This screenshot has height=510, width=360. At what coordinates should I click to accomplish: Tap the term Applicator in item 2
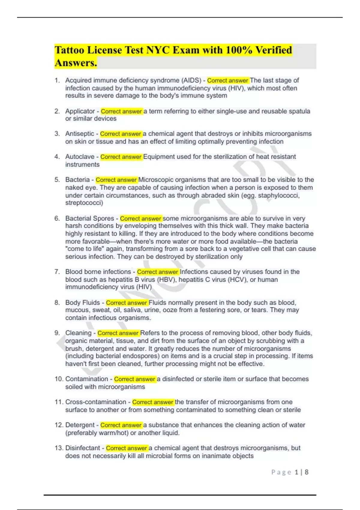coord(79,111)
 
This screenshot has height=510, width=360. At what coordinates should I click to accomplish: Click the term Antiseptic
coord(79,134)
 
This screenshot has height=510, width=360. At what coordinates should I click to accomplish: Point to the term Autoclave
coord(80,157)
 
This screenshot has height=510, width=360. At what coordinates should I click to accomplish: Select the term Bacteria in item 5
coord(77,180)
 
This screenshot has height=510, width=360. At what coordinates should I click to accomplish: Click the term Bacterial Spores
coord(90,218)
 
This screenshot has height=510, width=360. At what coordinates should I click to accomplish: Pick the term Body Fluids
coord(82,302)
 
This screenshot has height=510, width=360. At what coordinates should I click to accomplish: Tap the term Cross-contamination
coord(96,402)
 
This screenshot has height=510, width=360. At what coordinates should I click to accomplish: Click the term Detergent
coord(80,425)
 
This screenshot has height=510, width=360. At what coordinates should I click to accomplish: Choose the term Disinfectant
coord(82,448)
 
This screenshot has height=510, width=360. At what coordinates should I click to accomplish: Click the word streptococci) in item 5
coord(84,203)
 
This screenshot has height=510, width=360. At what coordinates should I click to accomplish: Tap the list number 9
coord(57,333)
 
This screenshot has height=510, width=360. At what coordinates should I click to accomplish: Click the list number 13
coord(58,448)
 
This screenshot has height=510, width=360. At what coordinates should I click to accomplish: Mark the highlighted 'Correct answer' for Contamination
coord(134,379)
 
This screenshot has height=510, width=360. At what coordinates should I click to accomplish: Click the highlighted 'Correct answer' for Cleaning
coord(118,333)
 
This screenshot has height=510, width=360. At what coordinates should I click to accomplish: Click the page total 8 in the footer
coord(306,472)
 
